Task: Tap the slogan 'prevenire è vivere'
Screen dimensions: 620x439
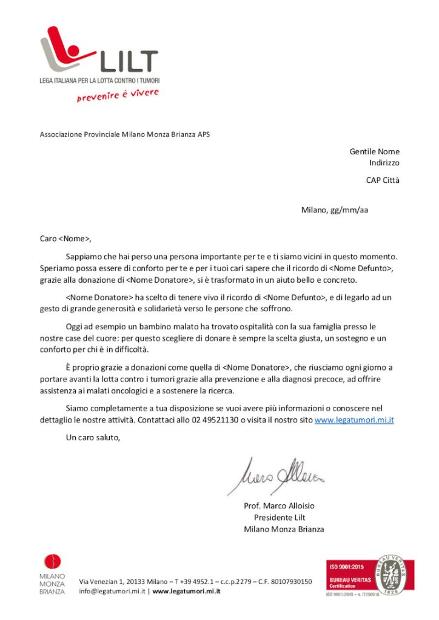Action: click(x=118, y=95)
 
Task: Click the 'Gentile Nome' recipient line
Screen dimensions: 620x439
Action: click(x=374, y=151)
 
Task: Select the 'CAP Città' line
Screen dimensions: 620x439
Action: click(x=383, y=180)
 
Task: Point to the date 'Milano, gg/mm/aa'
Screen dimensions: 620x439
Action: click(x=335, y=210)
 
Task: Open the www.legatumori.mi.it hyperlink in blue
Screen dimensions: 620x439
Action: click(x=354, y=420)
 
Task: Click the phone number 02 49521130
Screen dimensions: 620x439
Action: click(x=215, y=420)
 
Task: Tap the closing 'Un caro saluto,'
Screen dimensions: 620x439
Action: click(x=93, y=437)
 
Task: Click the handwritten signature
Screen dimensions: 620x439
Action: click(x=276, y=475)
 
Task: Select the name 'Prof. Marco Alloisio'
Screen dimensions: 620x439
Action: click(x=279, y=506)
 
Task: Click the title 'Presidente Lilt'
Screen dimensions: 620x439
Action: click(x=280, y=518)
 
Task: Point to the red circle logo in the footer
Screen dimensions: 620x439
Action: click(x=52, y=562)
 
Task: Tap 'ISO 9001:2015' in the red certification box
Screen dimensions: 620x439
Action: click(x=346, y=567)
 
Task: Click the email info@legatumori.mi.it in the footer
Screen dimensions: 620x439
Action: click(x=112, y=591)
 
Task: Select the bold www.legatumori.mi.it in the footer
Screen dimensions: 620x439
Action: click(x=186, y=591)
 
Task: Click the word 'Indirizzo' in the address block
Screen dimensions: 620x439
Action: click(x=384, y=163)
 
